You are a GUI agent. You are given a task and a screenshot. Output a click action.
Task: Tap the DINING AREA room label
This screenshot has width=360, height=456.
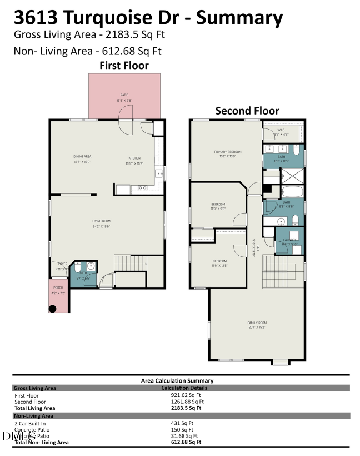click(x=82, y=157)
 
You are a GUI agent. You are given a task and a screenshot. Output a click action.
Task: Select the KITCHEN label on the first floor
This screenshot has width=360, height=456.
click(x=134, y=158)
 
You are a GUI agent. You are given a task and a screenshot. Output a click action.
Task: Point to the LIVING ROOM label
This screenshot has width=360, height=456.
click(x=102, y=221)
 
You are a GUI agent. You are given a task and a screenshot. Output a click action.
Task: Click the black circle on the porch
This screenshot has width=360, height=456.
click(x=53, y=308)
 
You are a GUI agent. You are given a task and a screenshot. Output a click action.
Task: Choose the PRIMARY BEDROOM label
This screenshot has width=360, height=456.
click(x=225, y=151)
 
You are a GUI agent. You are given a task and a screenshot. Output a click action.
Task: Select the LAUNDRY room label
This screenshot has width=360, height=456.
click(x=289, y=240)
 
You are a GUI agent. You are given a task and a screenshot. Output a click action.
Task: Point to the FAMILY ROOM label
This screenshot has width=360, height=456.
click(x=257, y=323)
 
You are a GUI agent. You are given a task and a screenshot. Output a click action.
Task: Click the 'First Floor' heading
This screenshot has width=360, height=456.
click(x=124, y=66)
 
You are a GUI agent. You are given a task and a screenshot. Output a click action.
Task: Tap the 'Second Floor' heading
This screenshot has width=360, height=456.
click(x=247, y=111)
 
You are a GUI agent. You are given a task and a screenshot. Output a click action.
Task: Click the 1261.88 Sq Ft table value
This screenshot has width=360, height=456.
click(x=187, y=402)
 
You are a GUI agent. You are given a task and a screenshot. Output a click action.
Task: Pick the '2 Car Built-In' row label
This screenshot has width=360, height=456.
click(x=30, y=423)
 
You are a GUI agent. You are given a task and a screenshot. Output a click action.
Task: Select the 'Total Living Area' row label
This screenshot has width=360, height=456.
click(x=34, y=408)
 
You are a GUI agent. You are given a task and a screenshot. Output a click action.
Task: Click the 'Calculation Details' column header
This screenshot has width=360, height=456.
click(x=184, y=388)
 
